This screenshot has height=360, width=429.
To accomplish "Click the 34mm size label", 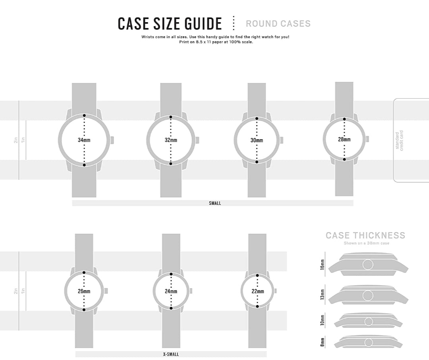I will pos(84,140).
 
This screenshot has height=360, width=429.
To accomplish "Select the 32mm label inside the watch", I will pos(171,140).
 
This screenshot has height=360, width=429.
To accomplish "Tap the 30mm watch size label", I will pos(257,140).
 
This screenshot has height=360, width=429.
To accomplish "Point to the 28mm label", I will pos(344,139).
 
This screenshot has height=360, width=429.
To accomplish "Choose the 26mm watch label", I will pos(84,291).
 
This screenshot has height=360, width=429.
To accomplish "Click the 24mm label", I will pos(171,291).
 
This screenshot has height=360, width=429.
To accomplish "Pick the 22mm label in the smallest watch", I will pos(257,291).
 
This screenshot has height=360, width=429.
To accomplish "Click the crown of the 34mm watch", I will pos(112,140).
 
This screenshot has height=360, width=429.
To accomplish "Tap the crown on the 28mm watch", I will pos(367,139).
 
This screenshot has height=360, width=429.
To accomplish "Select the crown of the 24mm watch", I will pos(191,291).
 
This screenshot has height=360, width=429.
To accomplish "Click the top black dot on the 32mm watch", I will pos(171,117).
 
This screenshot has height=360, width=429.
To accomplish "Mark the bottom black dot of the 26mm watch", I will pos(84,310).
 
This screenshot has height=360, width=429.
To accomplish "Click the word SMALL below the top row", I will pos(215,203).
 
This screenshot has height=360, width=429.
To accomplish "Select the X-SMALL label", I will pos(171,354).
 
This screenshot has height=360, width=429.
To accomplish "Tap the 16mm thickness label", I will pos(323,264).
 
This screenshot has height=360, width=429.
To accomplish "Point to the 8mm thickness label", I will pos(323,342).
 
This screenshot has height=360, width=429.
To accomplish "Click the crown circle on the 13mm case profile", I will pos(368,295).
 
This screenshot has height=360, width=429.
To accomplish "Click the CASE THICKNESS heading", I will pos(365,235).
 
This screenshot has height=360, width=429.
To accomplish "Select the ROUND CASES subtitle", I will pos(278,23).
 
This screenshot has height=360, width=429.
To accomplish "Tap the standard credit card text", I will pos(399,141).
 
